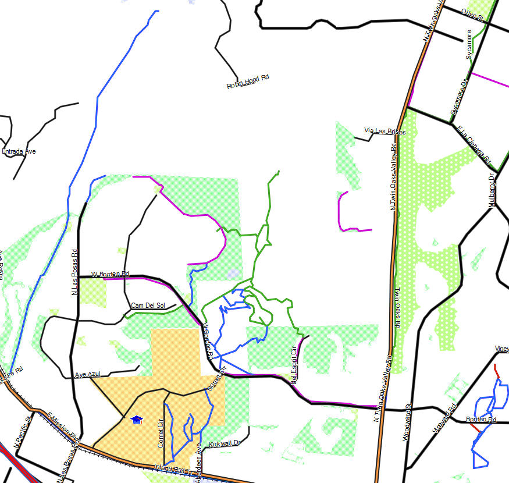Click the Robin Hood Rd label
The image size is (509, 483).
pyautogui.click(x=248, y=82)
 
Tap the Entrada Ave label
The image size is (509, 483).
pyautogui.click(x=19, y=151)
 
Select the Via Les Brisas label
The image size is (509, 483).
pyautogui.click(x=385, y=131)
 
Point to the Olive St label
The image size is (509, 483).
pyautogui.click(x=472, y=15)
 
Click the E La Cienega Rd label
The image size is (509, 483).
pyautogui.click(x=474, y=145)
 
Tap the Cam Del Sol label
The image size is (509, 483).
pyautogui.click(x=148, y=306)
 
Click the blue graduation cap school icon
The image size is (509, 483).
pyautogui.click(x=137, y=420)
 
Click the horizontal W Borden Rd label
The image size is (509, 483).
pyautogui.click(x=110, y=274)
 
